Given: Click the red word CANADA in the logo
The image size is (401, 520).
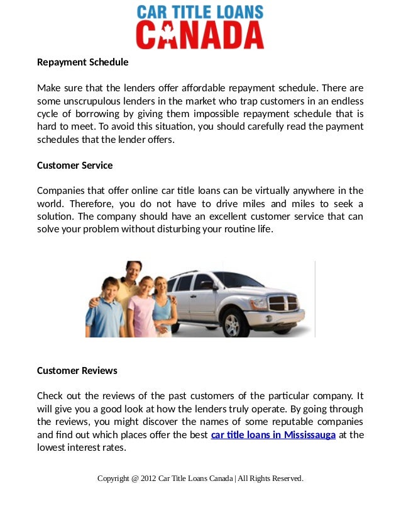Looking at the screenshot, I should [200, 35].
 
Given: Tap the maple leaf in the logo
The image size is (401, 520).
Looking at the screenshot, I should [168, 36].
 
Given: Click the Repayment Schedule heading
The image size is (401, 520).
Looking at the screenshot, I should [82, 62].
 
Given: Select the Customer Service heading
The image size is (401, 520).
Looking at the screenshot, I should [75, 166].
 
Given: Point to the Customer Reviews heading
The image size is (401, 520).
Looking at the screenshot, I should [77, 371].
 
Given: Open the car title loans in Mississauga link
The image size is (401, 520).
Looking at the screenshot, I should [273, 435].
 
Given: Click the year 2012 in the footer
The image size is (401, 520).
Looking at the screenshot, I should [148, 478].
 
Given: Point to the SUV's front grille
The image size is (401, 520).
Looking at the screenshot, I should [285, 302].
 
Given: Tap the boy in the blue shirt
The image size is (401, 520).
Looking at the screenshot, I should [105, 308].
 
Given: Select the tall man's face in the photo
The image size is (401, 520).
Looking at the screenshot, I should [133, 272].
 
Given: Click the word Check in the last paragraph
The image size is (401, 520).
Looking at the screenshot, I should [51, 396].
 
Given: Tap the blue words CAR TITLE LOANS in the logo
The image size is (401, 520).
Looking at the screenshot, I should [200, 12].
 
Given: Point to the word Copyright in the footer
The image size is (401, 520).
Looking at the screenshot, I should [113, 478].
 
